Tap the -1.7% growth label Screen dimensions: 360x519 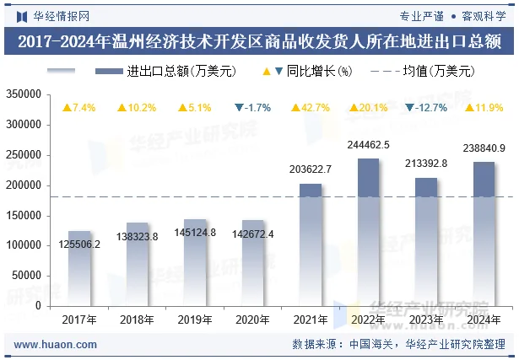pos(252,108)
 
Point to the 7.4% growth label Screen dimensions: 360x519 pos(79,108)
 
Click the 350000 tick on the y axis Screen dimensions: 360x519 pos(24,94)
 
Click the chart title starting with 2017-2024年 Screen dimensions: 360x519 pos(259,40)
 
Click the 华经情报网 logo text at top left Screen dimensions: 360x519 pos(56,14)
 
